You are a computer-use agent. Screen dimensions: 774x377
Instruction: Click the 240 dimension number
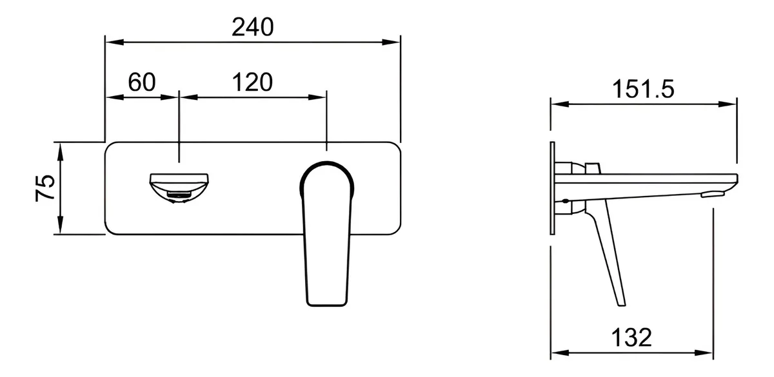(x=253, y=27)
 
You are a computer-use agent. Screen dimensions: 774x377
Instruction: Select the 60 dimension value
(x=142, y=82)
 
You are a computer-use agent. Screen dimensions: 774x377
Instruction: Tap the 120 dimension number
(x=252, y=82)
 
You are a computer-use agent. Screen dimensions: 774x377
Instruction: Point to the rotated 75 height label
(x=45, y=188)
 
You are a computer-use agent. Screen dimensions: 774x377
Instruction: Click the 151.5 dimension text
(x=643, y=89)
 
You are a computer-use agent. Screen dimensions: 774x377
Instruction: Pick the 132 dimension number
(x=631, y=337)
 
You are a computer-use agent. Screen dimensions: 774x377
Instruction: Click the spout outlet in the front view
(x=179, y=188)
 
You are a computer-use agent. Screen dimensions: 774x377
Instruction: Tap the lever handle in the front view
(x=327, y=234)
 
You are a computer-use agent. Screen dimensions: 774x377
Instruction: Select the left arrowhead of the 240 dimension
(x=114, y=43)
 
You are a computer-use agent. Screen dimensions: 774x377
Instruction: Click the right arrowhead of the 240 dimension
(x=391, y=43)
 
